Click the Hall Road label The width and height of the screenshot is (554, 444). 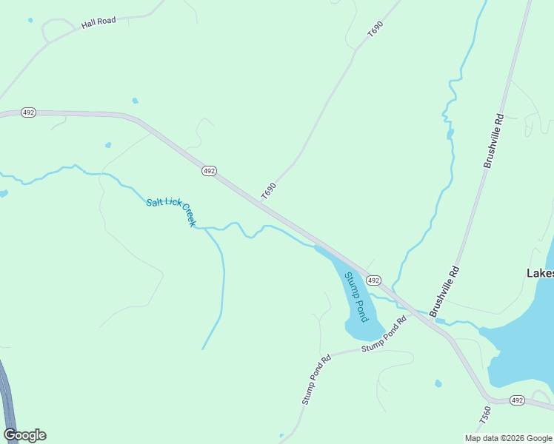(99, 22)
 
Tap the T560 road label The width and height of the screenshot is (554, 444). (485, 415)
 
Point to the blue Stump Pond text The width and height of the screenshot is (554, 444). (356, 296)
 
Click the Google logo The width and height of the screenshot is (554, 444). (24, 435)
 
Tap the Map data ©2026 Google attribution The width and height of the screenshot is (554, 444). (509, 438)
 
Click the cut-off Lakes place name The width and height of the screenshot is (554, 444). (540, 273)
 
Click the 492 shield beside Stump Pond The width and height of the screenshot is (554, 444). (373, 280)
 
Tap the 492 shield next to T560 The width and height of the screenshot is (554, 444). (517, 400)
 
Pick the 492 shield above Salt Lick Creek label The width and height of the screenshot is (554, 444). (209, 171)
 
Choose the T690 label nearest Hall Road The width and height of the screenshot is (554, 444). (376, 30)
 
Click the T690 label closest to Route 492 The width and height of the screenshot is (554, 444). (268, 190)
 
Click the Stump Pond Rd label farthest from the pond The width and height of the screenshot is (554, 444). (316, 378)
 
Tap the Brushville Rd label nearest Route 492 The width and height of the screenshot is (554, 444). (444, 289)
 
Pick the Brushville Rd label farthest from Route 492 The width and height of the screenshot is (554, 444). (494, 141)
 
